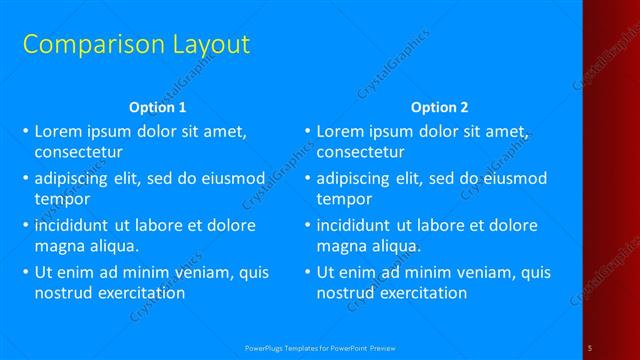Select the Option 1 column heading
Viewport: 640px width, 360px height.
coord(158,107)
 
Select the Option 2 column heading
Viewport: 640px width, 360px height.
coord(439,107)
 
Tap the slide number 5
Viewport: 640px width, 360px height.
coord(590,346)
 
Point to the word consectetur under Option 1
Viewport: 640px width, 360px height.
coord(79,153)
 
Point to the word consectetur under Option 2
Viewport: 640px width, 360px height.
coord(361,153)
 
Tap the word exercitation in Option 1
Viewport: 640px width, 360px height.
coord(142,293)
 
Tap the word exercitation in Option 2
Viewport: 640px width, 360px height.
coord(424,293)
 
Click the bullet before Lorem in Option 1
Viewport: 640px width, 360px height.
coord(25,131)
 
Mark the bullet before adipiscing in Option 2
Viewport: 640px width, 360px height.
coord(307,179)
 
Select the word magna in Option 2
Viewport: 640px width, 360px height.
coord(341,245)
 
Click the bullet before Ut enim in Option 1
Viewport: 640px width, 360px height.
coord(25,271)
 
